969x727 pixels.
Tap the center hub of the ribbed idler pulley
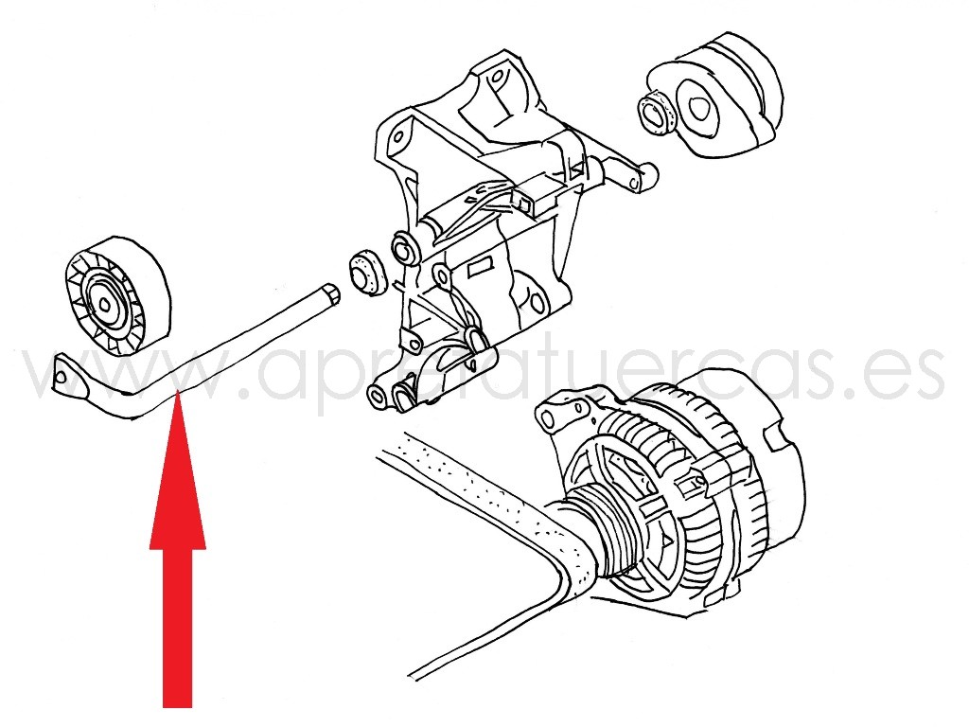106,302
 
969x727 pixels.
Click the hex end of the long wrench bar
330,293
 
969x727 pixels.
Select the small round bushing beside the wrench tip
368,273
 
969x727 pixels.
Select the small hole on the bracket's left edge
399,136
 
